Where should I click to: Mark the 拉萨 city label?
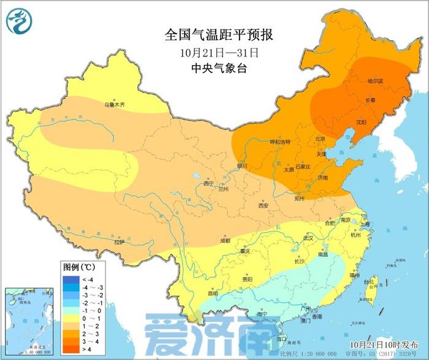click(x=118, y=242)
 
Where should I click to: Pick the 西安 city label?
click(x=264, y=205)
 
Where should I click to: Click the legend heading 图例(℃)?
click(x=78, y=267)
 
